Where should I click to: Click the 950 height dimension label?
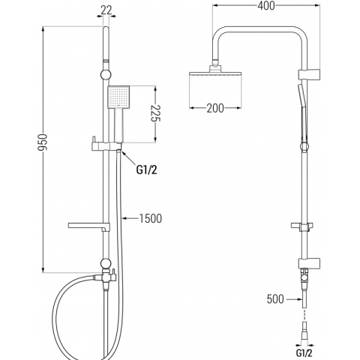pyautogui.click(x=43, y=142)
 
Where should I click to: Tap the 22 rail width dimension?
pyautogui.click(x=106, y=10)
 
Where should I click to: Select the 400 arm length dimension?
pyautogui.click(x=266, y=6)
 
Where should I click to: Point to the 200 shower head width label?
pyautogui.click(x=215, y=108)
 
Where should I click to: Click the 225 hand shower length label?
pyautogui.click(x=156, y=113)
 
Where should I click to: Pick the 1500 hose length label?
pyautogui.click(x=151, y=218)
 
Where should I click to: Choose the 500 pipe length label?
pyautogui.click(x=275, y=299)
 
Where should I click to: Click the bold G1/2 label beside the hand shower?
pyautogui.click(x=147, y=170)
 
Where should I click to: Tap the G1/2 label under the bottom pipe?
pyautogui.click(x=304, y=352)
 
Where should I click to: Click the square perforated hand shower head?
pyautogui.click(x=118, y=97)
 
